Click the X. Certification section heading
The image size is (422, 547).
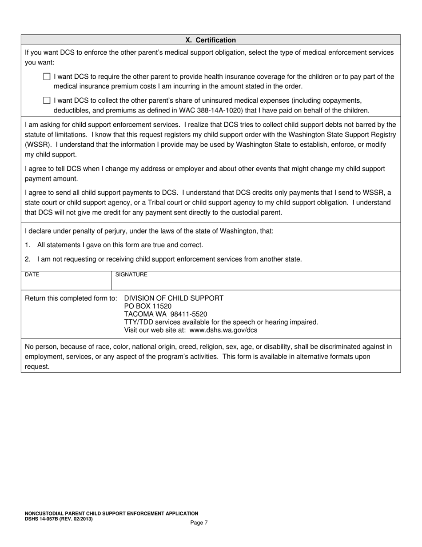coord(211,40)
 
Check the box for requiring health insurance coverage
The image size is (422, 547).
coord(47,76)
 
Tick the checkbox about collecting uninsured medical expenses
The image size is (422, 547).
coord(47,101)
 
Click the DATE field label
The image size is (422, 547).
coord(32,275)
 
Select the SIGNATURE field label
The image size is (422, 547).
coord(131,275)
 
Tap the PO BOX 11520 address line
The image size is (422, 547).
coord(147,306)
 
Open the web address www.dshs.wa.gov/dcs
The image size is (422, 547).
coord(223,330)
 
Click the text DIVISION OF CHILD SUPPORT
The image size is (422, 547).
coord(174,298)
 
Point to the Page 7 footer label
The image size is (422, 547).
coord(199,523)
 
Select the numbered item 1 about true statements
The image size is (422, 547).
coord(114,245)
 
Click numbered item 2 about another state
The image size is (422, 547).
coord(163,259)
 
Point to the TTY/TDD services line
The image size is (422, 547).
coord(221,322)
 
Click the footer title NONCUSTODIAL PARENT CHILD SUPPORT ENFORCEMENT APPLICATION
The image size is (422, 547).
coord(111,513)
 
